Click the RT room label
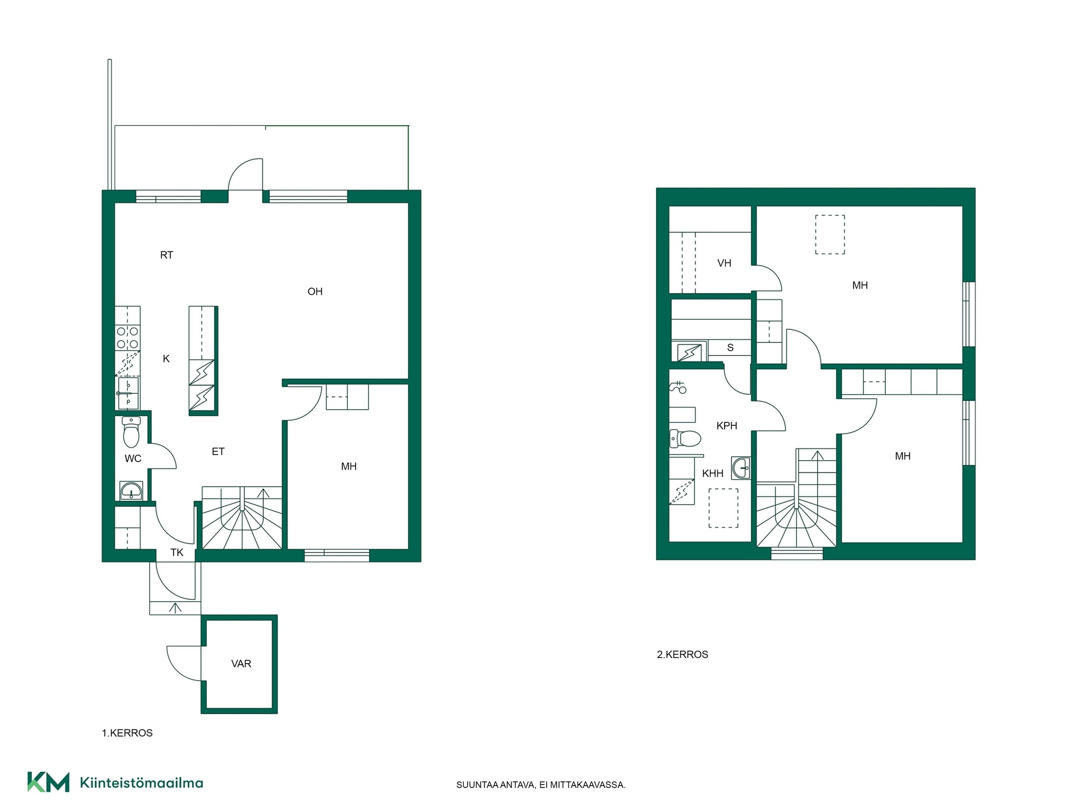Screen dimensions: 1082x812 (166, 255)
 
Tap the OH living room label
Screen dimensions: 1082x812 (315, 292)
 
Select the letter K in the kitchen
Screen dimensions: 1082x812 (166, 359)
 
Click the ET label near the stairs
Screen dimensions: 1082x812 (218, 452)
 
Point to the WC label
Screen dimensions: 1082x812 (133, 458)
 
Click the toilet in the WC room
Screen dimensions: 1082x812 (131, 431)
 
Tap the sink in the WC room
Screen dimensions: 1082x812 (131, 491)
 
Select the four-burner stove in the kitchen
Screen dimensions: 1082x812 (128, 338)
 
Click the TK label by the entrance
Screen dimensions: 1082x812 (177, 553)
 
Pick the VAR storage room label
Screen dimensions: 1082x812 (241, 664)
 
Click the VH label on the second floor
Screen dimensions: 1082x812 (724, 263)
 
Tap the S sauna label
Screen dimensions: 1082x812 (730, 347)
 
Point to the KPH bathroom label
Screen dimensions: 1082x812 (727, 426)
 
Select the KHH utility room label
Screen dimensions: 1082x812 (713, 474)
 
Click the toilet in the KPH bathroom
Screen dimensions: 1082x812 (685, 438)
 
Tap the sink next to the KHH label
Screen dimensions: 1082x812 (741, 468)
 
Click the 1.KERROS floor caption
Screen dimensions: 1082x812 (127, 733)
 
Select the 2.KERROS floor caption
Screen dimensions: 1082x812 (682, 655)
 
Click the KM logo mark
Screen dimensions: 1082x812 (48, 782)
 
